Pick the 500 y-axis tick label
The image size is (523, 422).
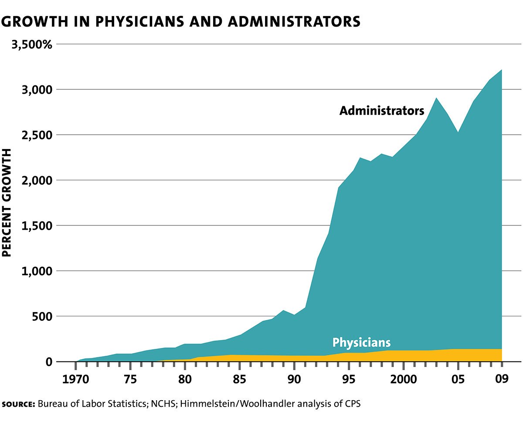[42, 316]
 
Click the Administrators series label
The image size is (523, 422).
[382, 111]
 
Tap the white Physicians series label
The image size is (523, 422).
[361, 342]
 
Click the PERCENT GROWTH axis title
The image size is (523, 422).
[7, 203]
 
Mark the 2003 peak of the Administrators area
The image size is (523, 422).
[436, 98]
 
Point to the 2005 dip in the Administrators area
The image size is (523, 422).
[458, 132]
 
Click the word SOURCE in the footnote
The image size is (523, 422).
[18, 404]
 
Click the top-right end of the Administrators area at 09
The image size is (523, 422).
[502, 70]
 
